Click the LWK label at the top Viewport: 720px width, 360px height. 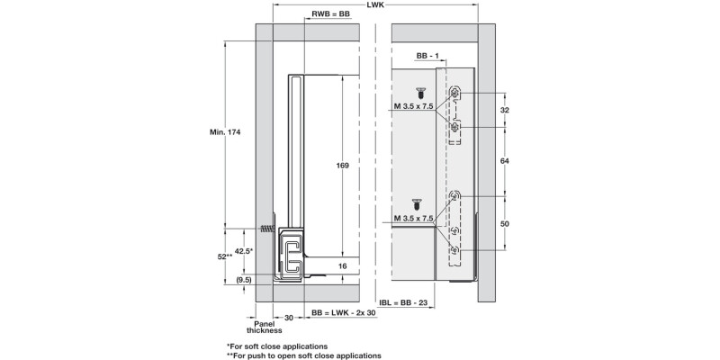(378, 6)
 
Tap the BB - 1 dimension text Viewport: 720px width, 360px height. (427, 56)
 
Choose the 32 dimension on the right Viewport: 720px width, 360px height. (505, 110)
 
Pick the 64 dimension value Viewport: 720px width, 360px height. (505, 160)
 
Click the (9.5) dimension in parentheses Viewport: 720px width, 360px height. (243, 280)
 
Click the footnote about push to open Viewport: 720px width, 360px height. (303, 355)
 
